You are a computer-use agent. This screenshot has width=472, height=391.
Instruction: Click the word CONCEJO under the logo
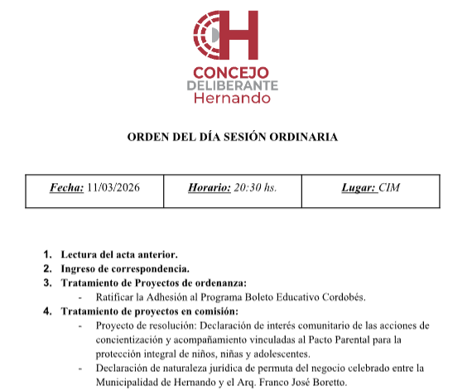click(x=232, y=72)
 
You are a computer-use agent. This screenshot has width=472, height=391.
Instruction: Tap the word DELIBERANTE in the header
click(x=232, y=85)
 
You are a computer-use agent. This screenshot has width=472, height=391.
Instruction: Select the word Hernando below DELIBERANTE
click(x=232, y=99)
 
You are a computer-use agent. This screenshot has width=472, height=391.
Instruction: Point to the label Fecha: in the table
click(x=66, y=188)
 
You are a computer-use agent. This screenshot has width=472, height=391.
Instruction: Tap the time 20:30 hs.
click(x=256, y=188)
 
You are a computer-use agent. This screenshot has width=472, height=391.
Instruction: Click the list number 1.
click(x=47, y=254)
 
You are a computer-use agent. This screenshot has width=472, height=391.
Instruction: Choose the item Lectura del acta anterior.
click(x=119, y=254)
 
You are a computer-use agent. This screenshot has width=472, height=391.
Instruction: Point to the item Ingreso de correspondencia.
click(x=125, y=268)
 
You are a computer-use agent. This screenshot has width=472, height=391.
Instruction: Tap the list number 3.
click(x=47, y=282)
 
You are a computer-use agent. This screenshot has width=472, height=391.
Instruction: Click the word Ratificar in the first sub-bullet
click(x=115, y=297)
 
